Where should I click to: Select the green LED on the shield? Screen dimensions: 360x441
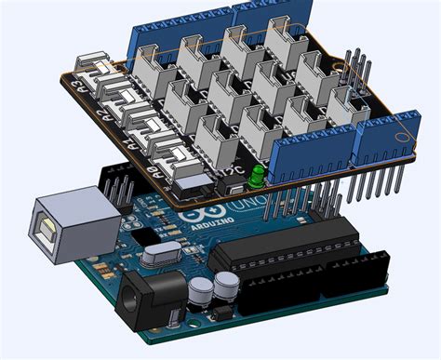(253, 177)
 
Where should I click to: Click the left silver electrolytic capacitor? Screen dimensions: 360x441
(200, 289)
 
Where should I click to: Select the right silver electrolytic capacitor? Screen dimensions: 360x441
(224, 284)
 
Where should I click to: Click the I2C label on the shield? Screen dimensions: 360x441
(226, 172)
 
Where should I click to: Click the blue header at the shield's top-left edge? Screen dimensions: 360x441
(177, 28)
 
